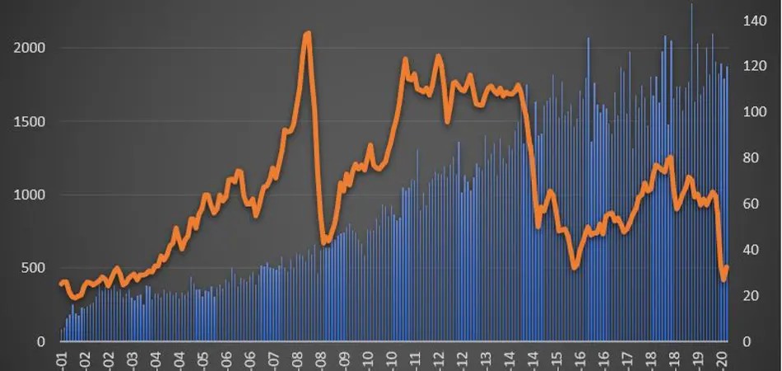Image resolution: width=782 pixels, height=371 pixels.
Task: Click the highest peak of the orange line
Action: point(308,34)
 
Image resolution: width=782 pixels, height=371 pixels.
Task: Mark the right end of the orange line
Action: point(727,267)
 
